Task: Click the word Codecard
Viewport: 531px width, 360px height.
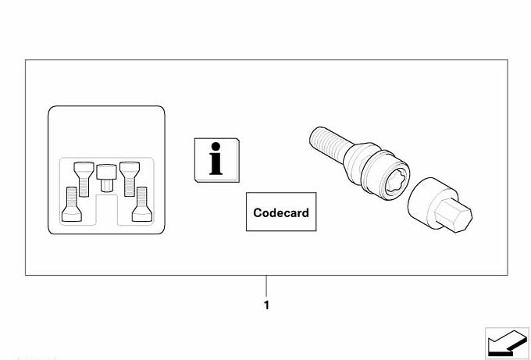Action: (x=281, y=212)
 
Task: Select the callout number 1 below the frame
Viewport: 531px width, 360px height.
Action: (x=266, y=305)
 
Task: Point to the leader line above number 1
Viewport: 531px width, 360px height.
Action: (x=266, y=286)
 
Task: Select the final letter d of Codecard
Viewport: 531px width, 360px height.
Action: (x=305, y=212)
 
